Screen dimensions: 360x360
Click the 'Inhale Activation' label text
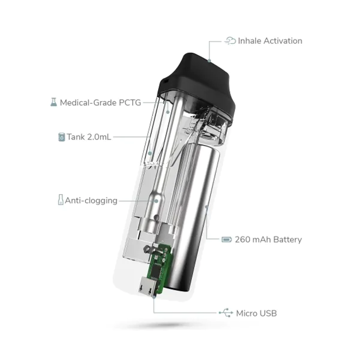click(270, 41)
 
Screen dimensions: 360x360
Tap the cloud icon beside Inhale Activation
click(230, 41)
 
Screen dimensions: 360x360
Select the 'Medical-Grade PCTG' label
click(100, 103)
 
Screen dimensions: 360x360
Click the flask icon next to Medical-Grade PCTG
click(54, 102)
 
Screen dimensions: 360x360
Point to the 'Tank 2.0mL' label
click(89, 137)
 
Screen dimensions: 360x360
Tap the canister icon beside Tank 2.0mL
click(61, 137)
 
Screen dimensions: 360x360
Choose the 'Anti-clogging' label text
click(91, 201)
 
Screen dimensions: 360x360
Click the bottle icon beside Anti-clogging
click(61, 199)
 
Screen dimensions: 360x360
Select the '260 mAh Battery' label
click(268, 240)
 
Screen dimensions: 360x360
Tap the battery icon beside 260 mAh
click(226, 240)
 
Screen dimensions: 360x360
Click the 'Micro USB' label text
click(256, 313)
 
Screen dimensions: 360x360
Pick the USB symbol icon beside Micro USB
click(226, 313)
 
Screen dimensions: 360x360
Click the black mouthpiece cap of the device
click(197, 83)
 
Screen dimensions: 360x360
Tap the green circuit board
click(159, 269)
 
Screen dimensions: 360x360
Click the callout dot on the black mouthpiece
click(209, 61)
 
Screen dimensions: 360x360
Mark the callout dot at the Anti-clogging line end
click(156, 201)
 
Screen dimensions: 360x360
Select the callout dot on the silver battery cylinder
click(206, 207)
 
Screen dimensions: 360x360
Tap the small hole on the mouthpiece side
click(166, 81)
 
